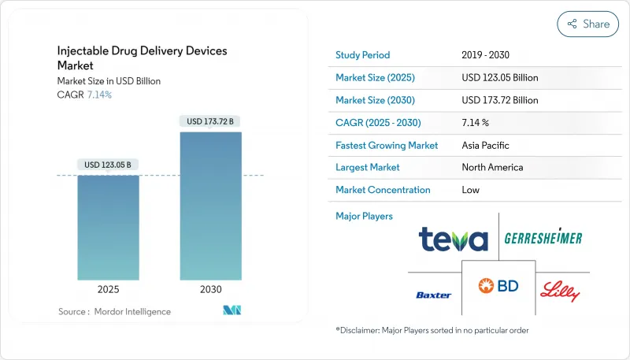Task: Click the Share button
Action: pyautogui.click(x=587, y=24)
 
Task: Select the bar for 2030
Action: pyautogui.click(x=210, y=206)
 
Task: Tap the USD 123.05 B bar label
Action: pyautogui.click(x=108, y=165)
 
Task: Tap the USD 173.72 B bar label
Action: pyautogui.click(x=210, y=121)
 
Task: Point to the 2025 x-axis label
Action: pyautogui.click(x=108, y=289)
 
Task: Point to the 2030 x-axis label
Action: pyautogui.click(x=210, y=289)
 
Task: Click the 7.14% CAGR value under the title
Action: pyautogui.click(x=98, y=95)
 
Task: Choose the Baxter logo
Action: pyautogui.click(x=433, y=295)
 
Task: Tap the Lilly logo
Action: pyautogui.click(x=560, y=291)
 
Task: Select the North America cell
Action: pyautogui.click(x=492, y=167)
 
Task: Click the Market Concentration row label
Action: pyautogui.click(x=383, y=190)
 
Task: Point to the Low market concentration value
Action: pyautogui.click(x=471, y=190)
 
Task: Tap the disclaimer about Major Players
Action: pyautogui.click(x=432, y=330)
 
